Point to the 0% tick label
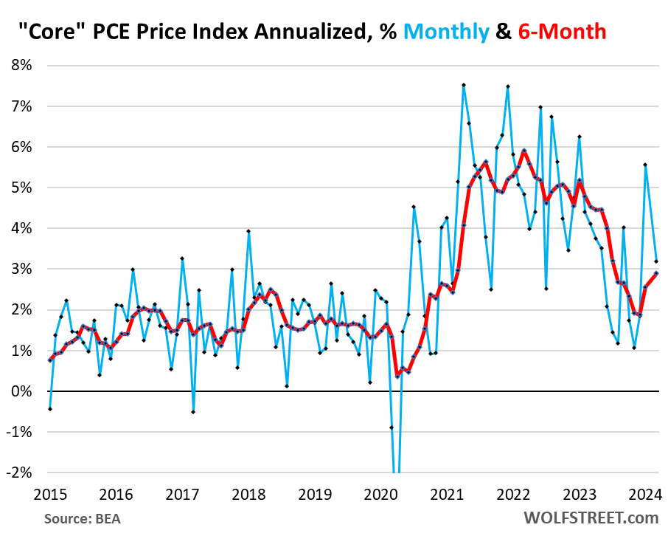click(21, 391)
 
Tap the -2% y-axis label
click(19, 473)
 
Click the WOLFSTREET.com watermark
click(591, 518)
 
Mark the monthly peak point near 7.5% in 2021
click(464, 85)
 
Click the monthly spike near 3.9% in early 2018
click(248, 231)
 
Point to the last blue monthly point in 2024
click(657, 261)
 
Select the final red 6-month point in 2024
click(657, 273)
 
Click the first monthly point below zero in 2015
click(49, 409)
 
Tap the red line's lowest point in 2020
click(397, 377)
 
